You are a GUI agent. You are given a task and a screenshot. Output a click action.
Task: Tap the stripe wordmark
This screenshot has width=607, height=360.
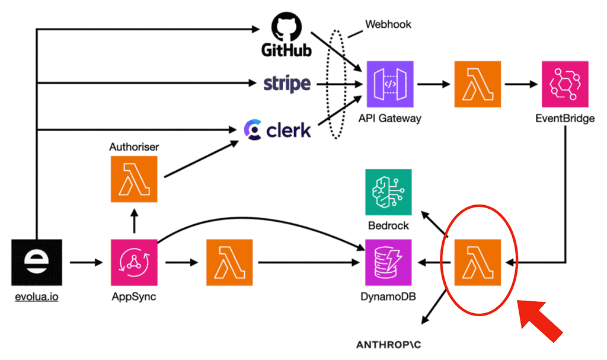tap(287, 84)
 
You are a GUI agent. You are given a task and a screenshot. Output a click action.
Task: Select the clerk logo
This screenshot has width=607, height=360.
tap(277, 130)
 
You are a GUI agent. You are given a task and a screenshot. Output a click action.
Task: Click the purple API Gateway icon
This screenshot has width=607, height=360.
tap(389, 84)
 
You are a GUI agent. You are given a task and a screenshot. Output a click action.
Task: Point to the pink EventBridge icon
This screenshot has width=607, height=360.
tap(564, 84)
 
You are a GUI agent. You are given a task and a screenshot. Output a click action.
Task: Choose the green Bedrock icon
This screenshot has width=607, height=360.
tap(388, 192)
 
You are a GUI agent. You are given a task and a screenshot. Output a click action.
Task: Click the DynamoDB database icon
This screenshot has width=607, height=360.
tap(389, 262)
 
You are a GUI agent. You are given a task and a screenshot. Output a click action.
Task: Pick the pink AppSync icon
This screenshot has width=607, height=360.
tap(133, 262)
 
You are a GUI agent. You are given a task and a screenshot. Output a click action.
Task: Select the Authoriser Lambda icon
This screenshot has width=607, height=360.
tap(133, 179)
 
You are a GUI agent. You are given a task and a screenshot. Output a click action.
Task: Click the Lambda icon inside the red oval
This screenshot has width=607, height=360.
tap(477, 262)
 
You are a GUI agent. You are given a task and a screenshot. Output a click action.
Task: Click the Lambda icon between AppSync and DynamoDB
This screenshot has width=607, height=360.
tap(229, 262)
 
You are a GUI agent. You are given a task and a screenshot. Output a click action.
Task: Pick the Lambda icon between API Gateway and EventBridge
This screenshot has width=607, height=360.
tap(477, 84)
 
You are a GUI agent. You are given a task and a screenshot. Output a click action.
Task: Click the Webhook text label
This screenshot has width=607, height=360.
tap(388, 25)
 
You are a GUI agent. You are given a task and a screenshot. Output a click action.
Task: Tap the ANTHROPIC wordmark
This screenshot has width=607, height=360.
tap(391, 344)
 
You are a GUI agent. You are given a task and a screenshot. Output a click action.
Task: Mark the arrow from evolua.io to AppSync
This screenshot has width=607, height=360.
tap(86, 262)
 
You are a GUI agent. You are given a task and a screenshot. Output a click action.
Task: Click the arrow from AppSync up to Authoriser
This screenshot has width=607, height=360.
tap(133, 222)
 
